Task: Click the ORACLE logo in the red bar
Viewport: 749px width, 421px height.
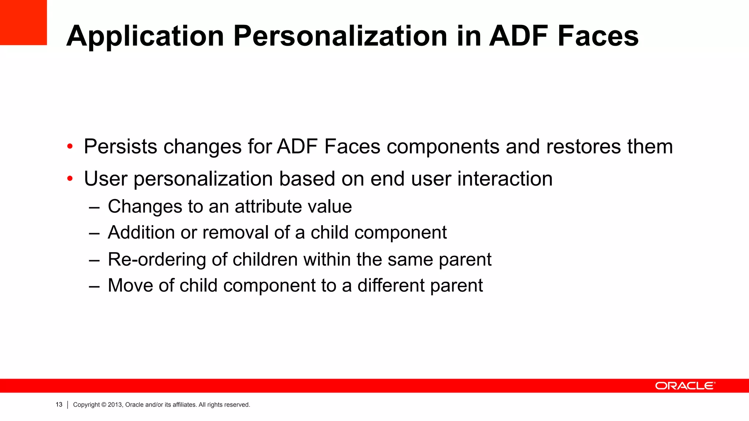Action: tap(685, 386)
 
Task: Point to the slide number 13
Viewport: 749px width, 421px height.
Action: tap(59, 405)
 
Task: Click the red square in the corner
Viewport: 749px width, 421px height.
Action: tap(23, 22)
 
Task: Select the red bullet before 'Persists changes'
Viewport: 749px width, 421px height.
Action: tap(70, 147)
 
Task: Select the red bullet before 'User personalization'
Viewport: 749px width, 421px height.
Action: tap(70, 179)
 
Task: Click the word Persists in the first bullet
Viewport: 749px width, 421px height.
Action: tap(120, 147)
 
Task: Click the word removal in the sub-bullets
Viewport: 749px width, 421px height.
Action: tap(235, 232)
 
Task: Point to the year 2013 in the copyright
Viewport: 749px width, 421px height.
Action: tap(115, 405)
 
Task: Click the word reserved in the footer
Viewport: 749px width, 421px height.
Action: tap(237, 405)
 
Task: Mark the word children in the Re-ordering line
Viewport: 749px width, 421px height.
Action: tap(265, 259)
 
